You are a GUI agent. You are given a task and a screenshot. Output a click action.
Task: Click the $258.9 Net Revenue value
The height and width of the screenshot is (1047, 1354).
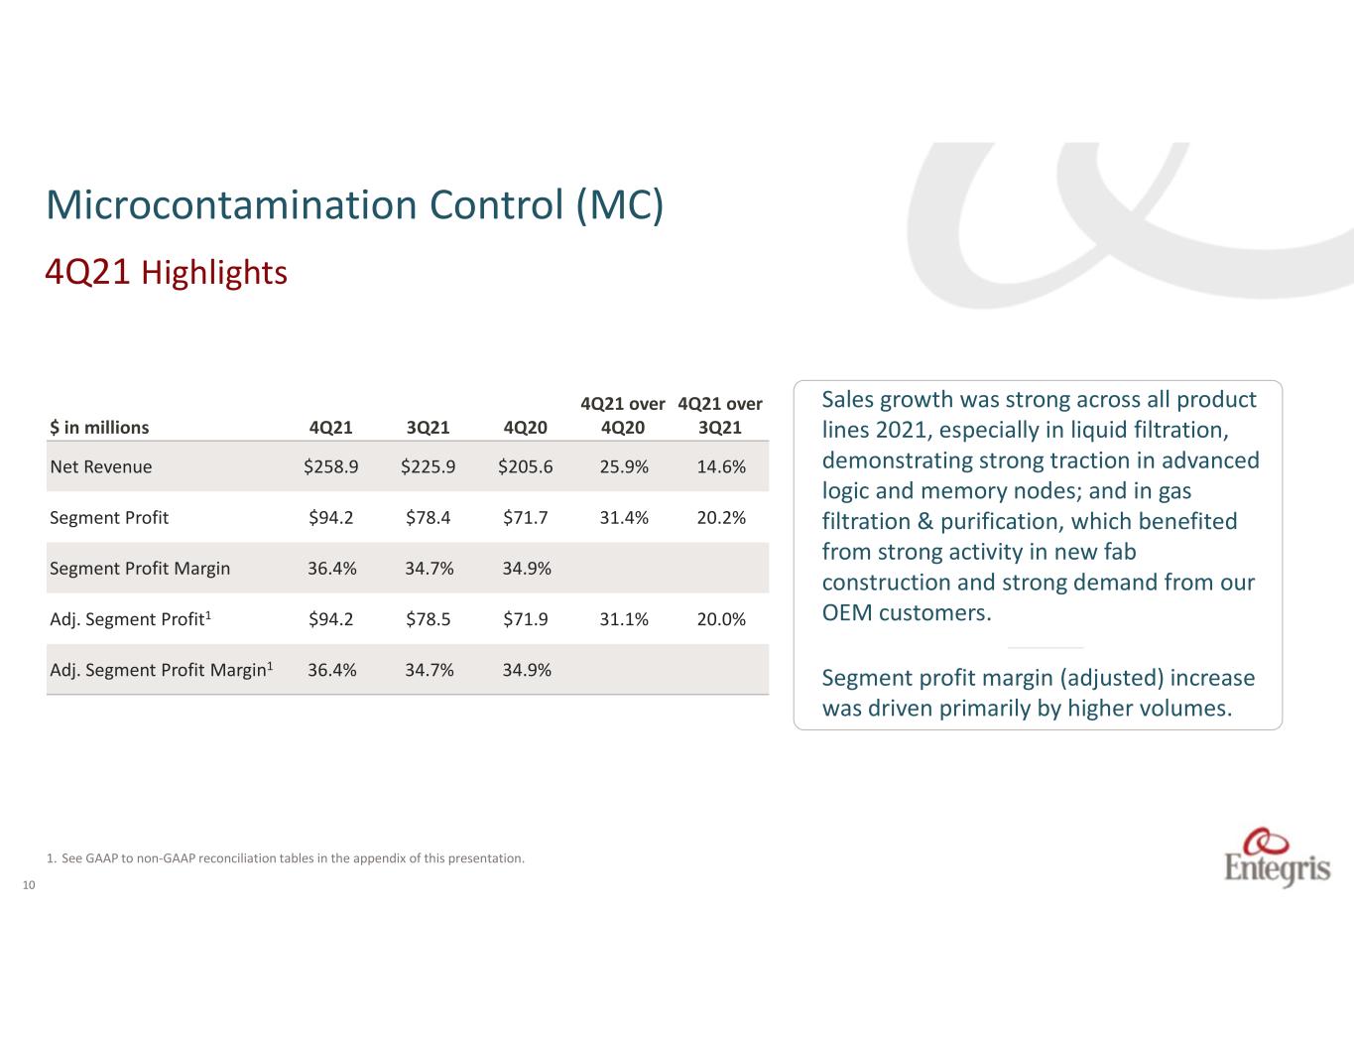[331, 466]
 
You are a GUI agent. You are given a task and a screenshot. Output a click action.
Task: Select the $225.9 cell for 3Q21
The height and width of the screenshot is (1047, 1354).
[429, 466]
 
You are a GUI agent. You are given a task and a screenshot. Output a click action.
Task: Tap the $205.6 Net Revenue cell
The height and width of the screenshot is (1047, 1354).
[526, 466]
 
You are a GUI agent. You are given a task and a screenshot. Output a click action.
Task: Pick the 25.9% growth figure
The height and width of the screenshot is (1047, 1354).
[624, 466]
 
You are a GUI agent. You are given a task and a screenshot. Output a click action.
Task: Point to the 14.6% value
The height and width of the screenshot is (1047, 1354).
[721, 466]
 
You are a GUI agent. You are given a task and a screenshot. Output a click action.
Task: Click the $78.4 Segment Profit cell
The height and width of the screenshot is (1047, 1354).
[429, 517]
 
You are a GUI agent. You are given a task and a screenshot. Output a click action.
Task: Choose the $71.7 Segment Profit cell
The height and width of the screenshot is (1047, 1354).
[526, 517]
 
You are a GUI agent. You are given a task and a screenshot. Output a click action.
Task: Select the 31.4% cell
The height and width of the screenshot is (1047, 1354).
[624, 517]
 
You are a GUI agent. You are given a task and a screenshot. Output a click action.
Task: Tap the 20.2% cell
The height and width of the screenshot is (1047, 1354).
[721, 517]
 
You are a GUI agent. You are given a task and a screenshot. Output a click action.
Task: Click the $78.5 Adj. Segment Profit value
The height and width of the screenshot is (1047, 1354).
[429, 619]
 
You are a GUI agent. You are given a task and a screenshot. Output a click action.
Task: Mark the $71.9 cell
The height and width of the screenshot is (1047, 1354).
[526, 619]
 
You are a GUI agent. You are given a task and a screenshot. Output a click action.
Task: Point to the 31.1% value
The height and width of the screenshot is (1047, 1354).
[624, 619]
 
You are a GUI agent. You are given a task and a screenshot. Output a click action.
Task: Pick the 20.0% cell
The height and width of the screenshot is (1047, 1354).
[721, 619]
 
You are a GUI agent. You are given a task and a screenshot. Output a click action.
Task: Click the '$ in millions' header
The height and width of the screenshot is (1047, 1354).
[99, 428]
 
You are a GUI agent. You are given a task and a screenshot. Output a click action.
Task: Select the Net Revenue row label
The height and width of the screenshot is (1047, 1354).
[101, 466]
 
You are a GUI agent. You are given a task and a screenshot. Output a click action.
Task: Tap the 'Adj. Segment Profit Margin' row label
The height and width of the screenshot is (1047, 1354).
[162, 669]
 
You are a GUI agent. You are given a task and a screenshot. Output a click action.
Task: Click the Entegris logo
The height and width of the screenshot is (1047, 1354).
[1277, 856]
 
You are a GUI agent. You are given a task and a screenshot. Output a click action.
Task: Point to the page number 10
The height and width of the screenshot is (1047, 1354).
[29, 885]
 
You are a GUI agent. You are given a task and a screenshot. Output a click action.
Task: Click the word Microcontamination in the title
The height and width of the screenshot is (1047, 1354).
[231, 204]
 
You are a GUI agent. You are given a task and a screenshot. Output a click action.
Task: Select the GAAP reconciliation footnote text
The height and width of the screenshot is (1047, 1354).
[286, 858]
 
